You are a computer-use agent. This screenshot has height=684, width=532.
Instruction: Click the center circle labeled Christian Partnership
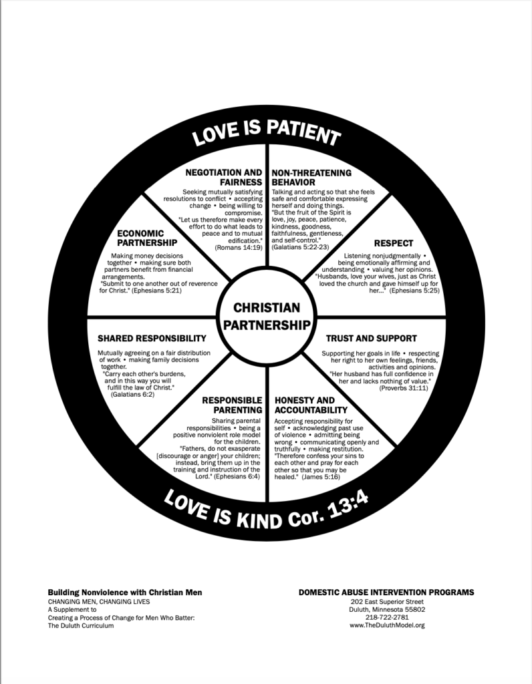266,317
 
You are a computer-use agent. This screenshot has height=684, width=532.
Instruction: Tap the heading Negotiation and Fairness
223,176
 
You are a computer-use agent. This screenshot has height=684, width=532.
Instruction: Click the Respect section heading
394,243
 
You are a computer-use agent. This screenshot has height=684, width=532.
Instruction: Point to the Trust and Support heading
371,339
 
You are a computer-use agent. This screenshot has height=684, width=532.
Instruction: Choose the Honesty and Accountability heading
311,405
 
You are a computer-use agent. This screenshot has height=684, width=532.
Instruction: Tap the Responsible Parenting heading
232,405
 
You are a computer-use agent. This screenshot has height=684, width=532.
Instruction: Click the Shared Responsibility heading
152,339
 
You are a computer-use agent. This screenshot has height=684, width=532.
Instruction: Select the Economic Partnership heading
146,237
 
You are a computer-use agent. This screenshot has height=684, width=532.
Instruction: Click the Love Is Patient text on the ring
266,132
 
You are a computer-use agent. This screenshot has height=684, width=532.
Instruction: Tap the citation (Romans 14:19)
239,247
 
